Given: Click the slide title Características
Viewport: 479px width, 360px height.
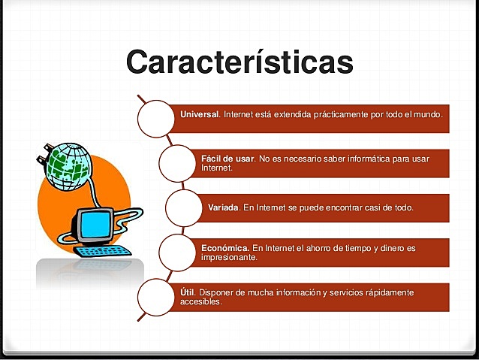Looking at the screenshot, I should point(239,62).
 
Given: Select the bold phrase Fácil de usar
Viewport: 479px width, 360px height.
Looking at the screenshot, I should point(228,159).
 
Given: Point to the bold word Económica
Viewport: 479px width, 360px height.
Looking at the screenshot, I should point(225,247).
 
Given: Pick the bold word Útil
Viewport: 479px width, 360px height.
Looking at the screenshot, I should point(187,292).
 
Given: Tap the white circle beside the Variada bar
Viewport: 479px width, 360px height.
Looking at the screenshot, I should point(184,207).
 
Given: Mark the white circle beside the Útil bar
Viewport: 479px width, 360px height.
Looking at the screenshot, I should point(158,296).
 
